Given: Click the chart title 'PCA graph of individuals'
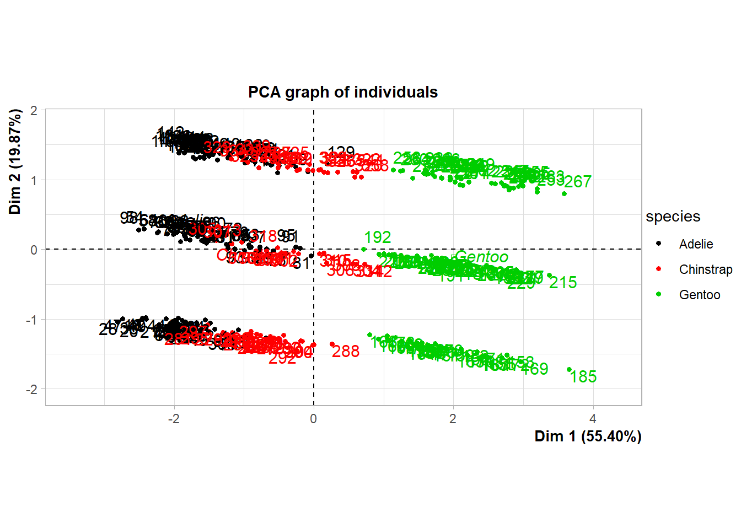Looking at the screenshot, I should [x=342, y=92].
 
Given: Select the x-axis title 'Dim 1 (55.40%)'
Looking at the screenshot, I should [x=588, y=436].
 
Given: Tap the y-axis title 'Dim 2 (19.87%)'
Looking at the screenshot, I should [x=15, y=161].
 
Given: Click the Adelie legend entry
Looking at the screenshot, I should [x=696, y=244].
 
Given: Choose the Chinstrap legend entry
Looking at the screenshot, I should [x=705, y=269].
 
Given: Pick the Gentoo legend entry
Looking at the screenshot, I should [x=699, y=295].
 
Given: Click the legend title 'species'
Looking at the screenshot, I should [x=673, y=217].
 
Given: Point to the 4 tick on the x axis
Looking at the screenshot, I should [x=593, y=419].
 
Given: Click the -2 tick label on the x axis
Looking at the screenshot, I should [x=174, y=419].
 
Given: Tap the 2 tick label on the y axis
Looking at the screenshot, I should [x=34, y=110].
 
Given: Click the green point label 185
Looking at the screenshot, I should [x=583, y=377].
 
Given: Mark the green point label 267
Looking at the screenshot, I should [x=578, y=181].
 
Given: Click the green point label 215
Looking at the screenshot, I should [x=563, y=283].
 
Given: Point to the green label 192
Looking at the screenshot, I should [x=378, y=237].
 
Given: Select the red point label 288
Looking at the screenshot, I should [x=346, y=351].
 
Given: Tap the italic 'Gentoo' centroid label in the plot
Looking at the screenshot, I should [x=482, y=257].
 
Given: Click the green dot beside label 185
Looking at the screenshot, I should [x=570, y=370].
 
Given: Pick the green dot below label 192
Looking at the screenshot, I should [x=364, y=250].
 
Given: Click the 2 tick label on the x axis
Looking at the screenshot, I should [x=453, y=419].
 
